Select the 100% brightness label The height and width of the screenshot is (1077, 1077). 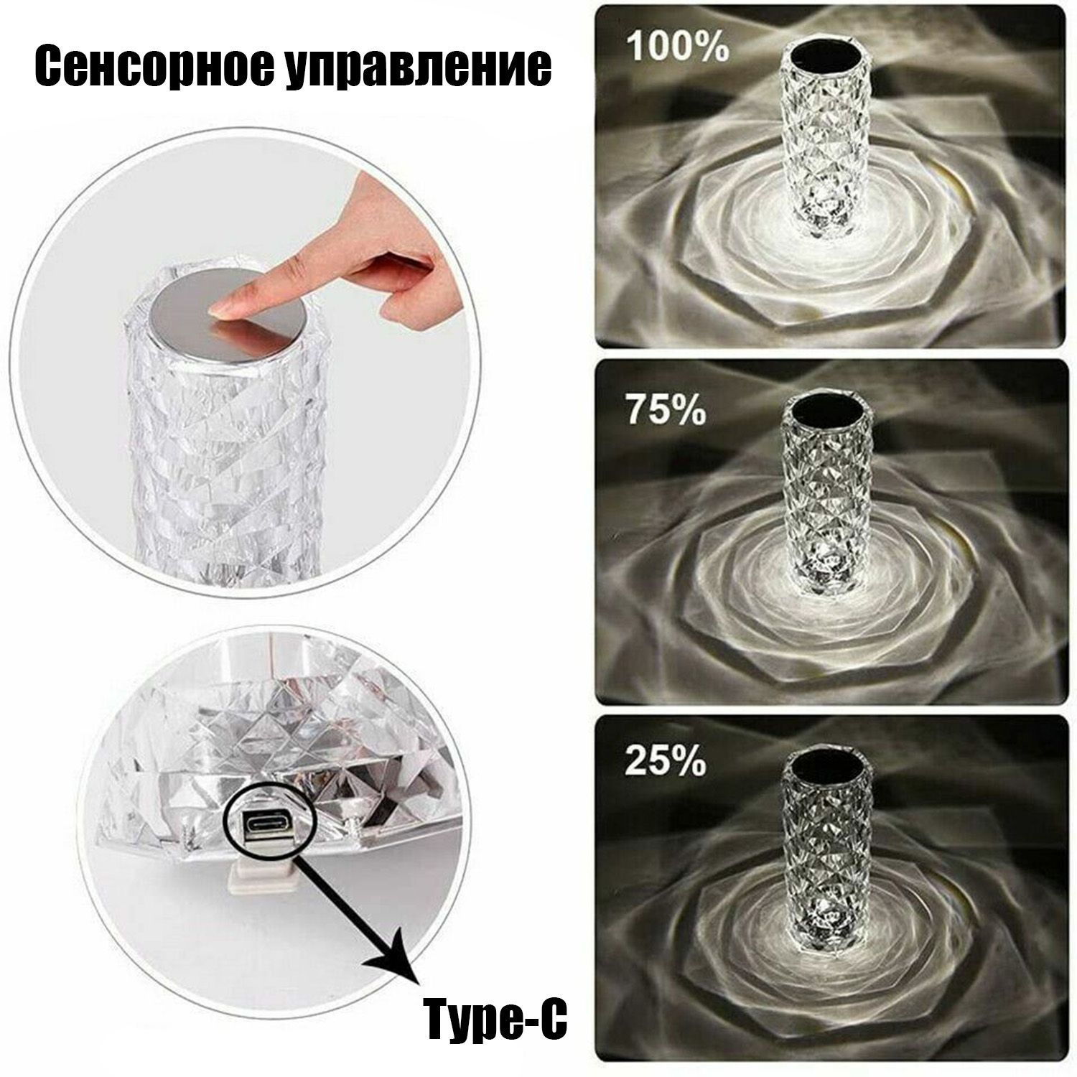(x=678, y=45)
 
